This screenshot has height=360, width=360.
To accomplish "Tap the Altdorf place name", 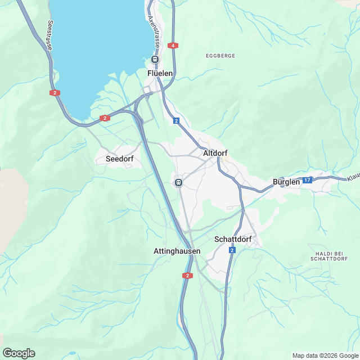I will (214, 152).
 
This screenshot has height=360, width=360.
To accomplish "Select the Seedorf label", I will (119, 159).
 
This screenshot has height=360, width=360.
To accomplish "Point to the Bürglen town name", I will (286, 182).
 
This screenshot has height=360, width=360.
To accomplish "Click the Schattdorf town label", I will (232, 239).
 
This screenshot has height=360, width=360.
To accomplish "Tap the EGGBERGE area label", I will (220, 56).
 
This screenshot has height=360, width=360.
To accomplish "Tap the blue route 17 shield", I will (307, 180).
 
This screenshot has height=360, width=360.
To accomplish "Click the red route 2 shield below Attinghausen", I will (187, 275).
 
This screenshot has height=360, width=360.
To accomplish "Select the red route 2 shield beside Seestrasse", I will (55, 93).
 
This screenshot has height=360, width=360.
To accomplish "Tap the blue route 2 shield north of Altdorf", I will (176, 121).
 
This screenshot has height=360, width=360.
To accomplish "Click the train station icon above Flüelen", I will (155, 60).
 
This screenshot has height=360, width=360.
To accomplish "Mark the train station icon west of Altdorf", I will (178, 182).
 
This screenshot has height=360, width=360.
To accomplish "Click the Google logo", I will (19, 353).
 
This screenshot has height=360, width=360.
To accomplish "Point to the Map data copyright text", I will (325, 355).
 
